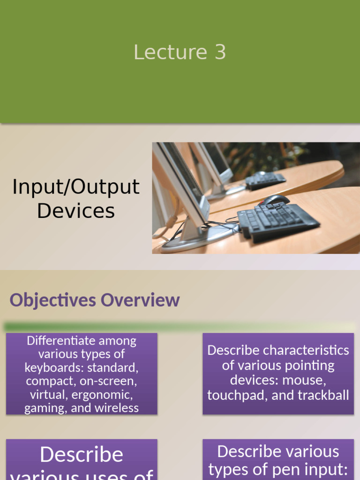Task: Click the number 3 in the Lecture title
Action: click(220, 52)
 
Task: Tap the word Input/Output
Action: click(76, 187)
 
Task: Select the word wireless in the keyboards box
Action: click(116, 408)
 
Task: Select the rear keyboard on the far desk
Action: click(265, 180)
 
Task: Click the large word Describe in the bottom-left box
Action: click(82, 455)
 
